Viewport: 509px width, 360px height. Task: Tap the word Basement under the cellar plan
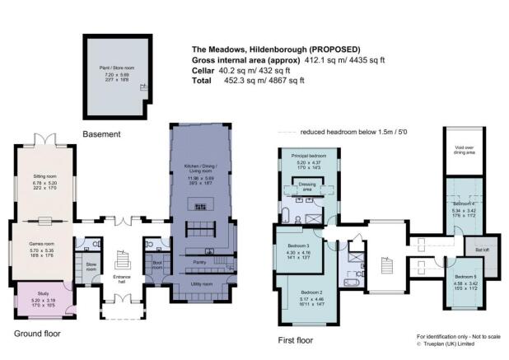[101, 133]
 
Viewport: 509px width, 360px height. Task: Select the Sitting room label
[44, 176]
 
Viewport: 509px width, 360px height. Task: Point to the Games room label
[44, 228]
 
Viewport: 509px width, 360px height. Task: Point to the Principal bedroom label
[306, 155]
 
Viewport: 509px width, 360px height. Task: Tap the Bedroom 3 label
[297, 246]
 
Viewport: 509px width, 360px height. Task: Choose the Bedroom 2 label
[311, 292]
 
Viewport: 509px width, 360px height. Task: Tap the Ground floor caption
[37, 334]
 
